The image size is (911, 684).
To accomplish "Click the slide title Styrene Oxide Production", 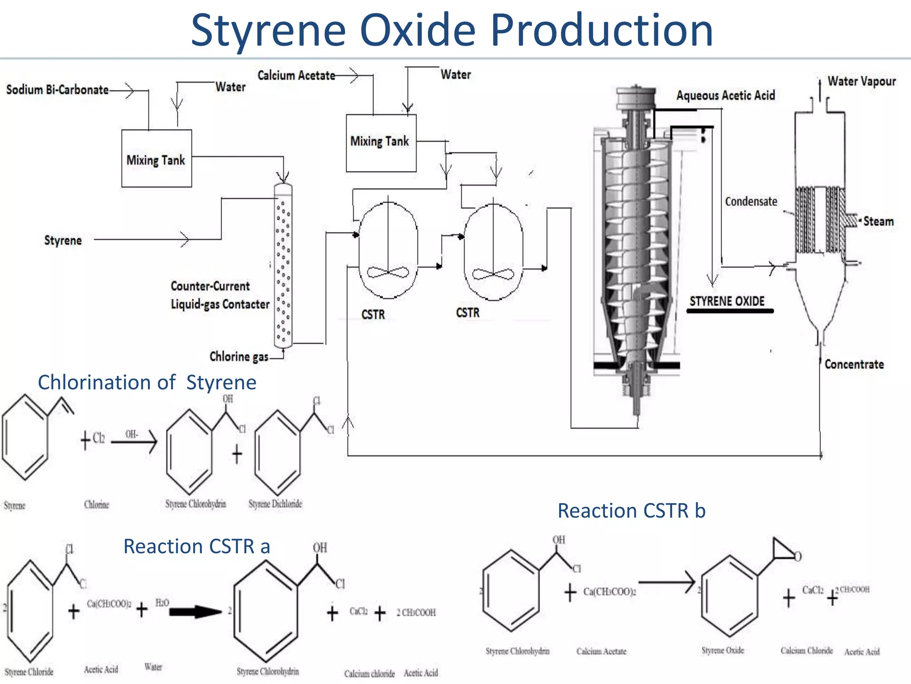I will click(x=452, y=30).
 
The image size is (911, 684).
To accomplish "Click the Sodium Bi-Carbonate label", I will click(x=57, y=90).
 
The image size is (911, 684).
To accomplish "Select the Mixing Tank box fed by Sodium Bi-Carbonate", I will click(x=157, y=159).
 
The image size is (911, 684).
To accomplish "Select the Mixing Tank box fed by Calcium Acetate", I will click(x=381, y=142).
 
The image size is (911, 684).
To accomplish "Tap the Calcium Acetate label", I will click(x=296, y=76).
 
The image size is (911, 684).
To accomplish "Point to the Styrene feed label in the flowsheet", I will click(x=63, y=240).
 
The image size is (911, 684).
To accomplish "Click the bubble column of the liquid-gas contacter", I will click(x=283, y=265).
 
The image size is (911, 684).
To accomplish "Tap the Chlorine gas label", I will click(x=239, y=357).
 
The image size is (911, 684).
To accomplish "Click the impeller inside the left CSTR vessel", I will click(x=388, y=272).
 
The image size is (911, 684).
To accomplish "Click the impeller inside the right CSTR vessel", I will click(x=493, y=273).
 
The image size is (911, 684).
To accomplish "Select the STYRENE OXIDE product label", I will click(x=727, y=301).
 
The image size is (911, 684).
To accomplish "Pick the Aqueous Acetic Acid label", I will click(x=726, y=95).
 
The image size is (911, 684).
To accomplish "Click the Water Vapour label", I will click(x=862, y=81).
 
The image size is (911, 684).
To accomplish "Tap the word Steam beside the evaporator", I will click(x=878, y=221).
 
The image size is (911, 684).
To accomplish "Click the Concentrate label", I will click(x=854, y=364).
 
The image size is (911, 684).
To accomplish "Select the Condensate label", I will click(x=751, y=202).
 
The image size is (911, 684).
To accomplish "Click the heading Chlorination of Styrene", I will click(x=147, y=383).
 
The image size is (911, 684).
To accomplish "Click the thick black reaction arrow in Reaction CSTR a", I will click(x=195, y=612).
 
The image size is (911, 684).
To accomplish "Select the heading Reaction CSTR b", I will click(x=632, y=511).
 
